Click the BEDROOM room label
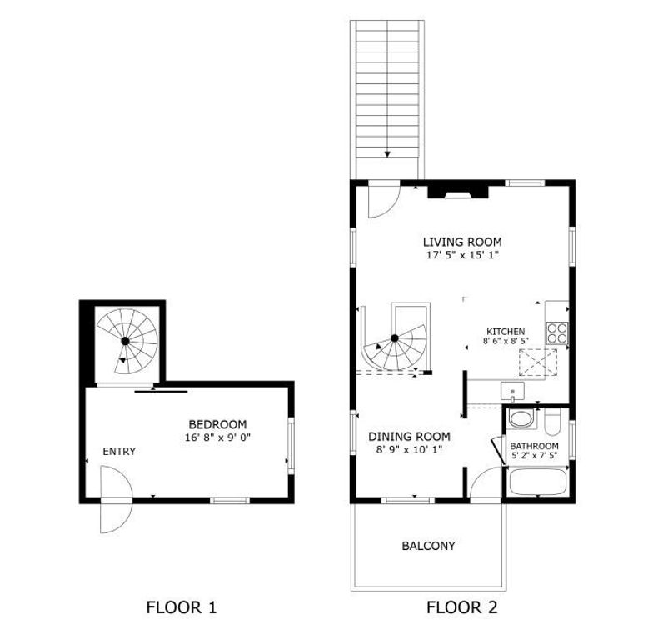click(217, 423)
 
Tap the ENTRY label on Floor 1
click(119, 451)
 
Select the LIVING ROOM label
click(461, 242)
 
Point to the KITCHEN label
click(505, 331)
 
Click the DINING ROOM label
click(409, 436)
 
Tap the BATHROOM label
click(534, 446)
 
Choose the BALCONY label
click(428, 546)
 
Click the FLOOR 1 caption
click(181, 607)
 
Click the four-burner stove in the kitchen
click(556, 332)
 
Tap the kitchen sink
click(511, 390)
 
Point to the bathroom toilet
click(552, 422)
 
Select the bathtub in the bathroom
click(537, 482)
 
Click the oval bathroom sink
click(521, 419)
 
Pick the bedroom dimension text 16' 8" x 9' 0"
click(217, 437)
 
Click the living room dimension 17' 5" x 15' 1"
click(461, 256)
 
